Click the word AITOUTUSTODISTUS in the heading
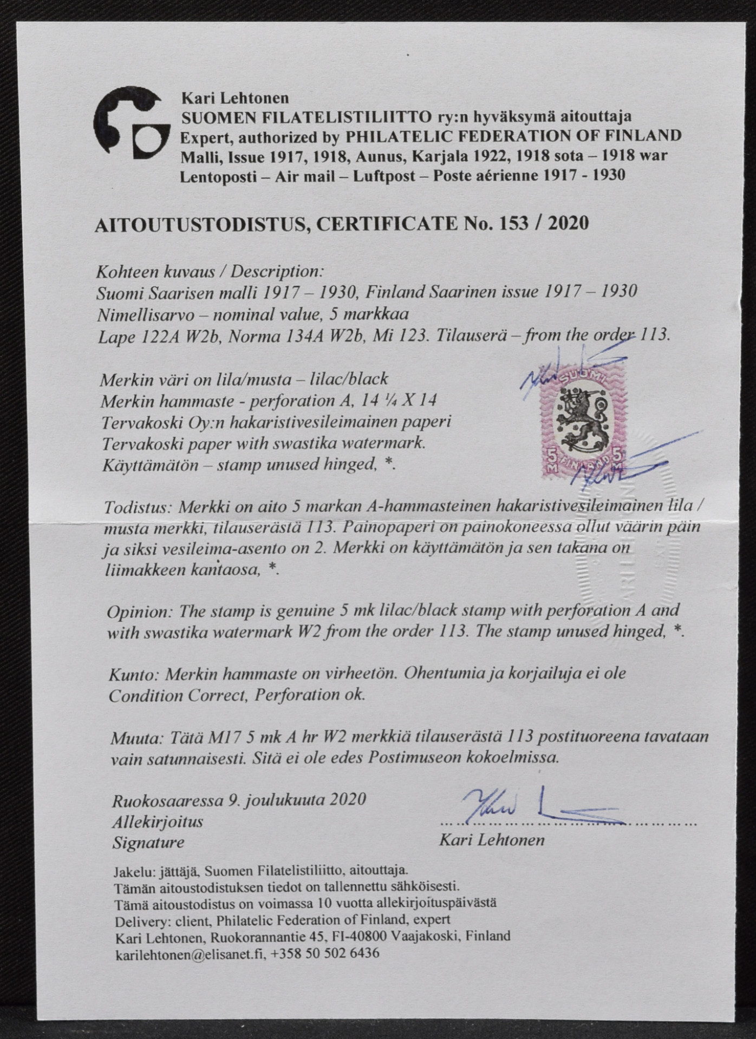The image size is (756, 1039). coord(200,224)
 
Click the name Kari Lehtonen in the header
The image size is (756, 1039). coord(234,98)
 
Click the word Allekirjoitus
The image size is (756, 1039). coord(157,821)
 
